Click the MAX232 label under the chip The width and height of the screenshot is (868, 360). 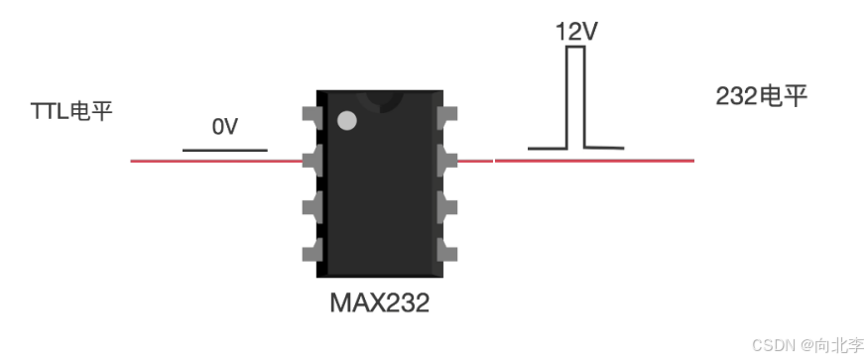379,302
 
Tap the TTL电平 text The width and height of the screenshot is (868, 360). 72,111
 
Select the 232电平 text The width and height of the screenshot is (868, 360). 761,97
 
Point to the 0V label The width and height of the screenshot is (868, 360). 225,127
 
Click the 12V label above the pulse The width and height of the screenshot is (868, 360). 576,33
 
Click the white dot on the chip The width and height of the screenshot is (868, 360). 347,121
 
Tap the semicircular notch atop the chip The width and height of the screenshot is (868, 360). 380,101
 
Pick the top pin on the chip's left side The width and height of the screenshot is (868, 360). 312,114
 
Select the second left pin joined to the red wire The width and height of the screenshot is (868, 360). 312,161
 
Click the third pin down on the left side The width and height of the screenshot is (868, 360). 312,207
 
